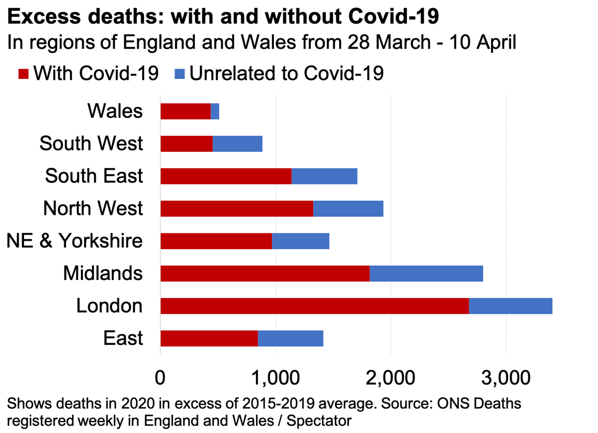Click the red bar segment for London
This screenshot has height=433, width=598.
pyautogui.click(x=314, y=306)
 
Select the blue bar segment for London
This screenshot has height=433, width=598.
pyautogui.click(x=510, y=306)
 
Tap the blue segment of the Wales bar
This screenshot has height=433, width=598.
pyautogui.click(x=215, y=111)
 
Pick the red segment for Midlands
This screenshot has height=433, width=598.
pyautogui.click(x=265, y=273)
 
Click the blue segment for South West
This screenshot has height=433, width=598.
pyautogui.click(x=237, y=144)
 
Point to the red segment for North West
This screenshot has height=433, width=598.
pyautogui.click(x=236, y=208)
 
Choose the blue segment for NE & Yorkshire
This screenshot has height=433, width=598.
pyautogui.click(x=300, y=241)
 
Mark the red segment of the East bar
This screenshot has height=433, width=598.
pyautogui.click(x=209, y=338)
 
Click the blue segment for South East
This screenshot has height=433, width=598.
pyautogui.click(x=324, y=176)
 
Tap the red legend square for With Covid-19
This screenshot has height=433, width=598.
pyautogui.click(x=24, y=74)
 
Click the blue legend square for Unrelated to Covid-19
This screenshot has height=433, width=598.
pyautogui.click(x=179, y=74)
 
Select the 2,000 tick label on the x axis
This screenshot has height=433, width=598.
pyautogui.click(x=390, y=378)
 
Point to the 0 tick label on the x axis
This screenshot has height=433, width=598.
pyautogui.click(x=160, y=378)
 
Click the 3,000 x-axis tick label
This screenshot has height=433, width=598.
pyautogui.click(x=505, y=378)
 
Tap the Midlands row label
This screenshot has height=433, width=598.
pyautogui.click(x=103, y=273)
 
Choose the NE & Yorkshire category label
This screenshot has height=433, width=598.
pyautogui.click(x=75, y=241)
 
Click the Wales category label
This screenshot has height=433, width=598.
pyautogui.click(x=115, y=111)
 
